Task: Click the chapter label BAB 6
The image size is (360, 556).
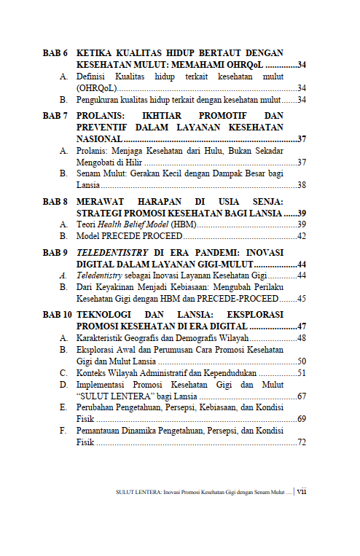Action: coord(55,53)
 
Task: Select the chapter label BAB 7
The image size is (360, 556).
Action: coord(55,116)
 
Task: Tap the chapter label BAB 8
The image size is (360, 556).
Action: coord(55,201)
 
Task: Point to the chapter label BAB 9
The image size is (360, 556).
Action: coord(55,252)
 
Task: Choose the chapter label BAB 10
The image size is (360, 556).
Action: coord(58,315)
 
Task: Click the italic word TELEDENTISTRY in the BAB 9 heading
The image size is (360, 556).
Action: coord(112,252)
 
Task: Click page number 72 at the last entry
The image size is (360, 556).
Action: coord(301,442)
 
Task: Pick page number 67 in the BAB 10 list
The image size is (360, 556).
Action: coord(301,396)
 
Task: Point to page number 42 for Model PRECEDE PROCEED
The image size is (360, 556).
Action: coord(301,237)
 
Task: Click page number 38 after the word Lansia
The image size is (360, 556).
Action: coord(301,185)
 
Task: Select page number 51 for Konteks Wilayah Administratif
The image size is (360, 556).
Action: coord(301,372)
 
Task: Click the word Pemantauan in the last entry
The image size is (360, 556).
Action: coord(101,431)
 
